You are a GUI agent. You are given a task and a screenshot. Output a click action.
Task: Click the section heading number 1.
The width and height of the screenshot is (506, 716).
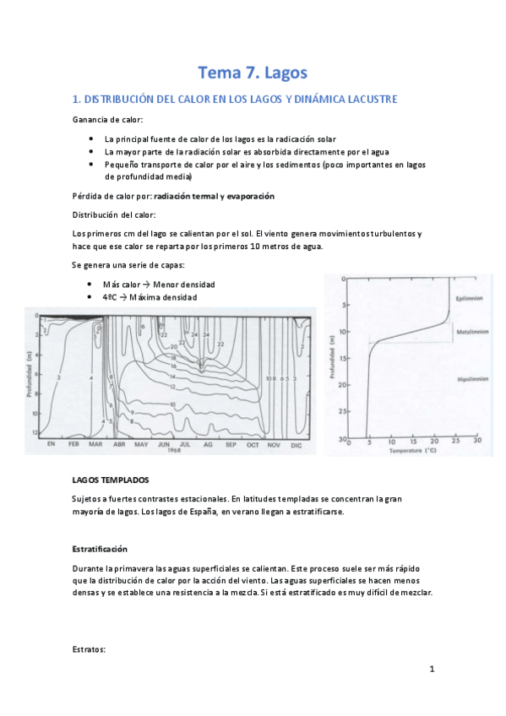pyautogui.click(x=77, y=100)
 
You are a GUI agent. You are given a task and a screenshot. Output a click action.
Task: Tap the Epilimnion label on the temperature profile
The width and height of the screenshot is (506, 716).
pyautogui.click(x=469, y=297)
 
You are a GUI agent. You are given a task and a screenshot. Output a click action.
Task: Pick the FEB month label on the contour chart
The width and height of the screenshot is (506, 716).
pyautogui.click(x=74, y=443)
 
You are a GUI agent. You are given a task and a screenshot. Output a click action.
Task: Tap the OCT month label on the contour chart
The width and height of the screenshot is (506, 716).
pyautogui.click(x=252, y=443)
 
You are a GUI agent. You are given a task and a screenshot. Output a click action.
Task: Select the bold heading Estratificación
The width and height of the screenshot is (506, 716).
pyautogui.click(x=100, y=547)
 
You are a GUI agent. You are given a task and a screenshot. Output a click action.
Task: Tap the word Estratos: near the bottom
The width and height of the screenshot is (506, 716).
pyautogui.click(x=89, y=649)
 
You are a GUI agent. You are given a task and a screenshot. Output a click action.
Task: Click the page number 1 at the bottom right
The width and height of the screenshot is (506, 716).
pyautogui.click(x=431, y=670)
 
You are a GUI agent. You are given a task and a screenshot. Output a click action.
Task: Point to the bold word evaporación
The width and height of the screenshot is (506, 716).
pyautogui.click(x=247, y=196)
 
